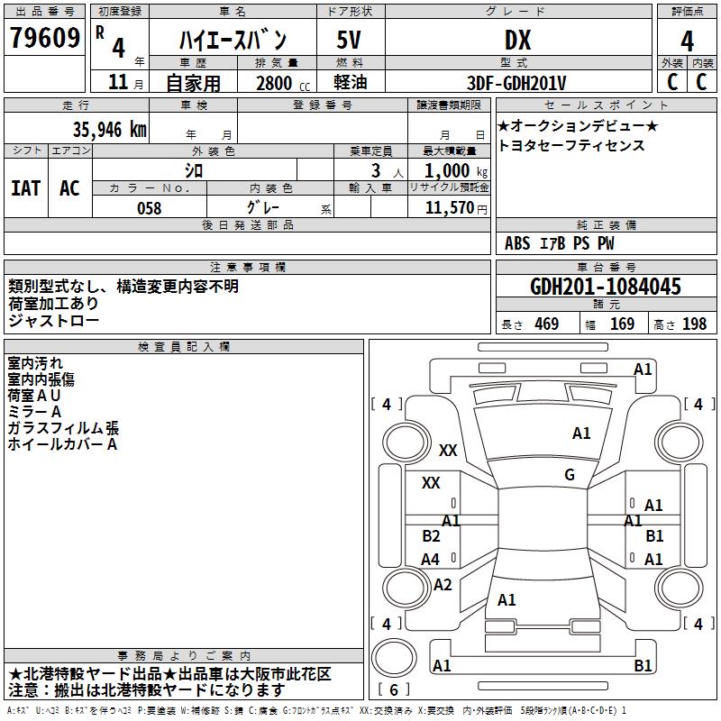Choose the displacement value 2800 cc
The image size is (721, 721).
click(x=274, y=83)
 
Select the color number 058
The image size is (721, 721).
click(x=149, y=207)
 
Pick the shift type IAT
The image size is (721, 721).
click(x=26, y=188)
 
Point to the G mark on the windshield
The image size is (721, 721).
click(x=570, y=475)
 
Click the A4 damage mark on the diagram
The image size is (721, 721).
click(x=431, y=560)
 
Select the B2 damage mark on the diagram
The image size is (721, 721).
click(x=431, y=536)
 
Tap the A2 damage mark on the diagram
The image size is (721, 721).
click(x=443, y=585)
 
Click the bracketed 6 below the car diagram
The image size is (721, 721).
click(x=394, y=689)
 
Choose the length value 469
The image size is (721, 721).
click(x=546, y=324)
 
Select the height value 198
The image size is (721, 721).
click(x=694, y=324)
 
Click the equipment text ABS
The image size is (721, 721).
click(x=517, y=243)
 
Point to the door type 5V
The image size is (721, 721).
click(x=350, y=41)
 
